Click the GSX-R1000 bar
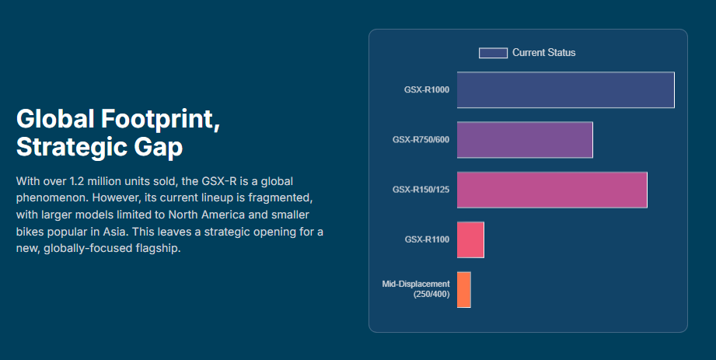[x=565, y=89]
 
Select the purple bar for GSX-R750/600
[x=525, y=140]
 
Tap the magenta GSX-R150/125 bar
[x=552, y=190]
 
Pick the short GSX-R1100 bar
[x=470, y=239]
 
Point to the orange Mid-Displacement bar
[x=464, y=289]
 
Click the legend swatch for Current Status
[x=493, y=53]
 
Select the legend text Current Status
[x=543, y=53]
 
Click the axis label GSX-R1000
[x=427, y=90]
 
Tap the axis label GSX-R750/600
[x=421, y=140]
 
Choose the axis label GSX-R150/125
[x=421, y=190]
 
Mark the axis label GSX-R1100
[x=427, y=239]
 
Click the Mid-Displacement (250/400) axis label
[x=416, y=289]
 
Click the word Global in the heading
[x=54, y=120]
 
